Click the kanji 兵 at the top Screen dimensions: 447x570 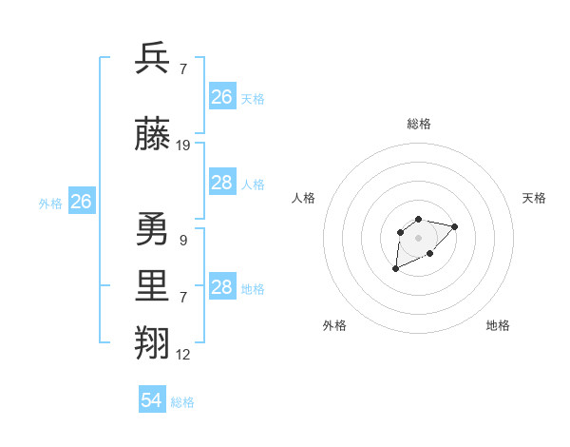153,58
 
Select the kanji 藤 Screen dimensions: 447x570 153,135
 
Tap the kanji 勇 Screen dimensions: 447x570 153,229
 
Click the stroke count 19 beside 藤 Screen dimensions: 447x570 183,146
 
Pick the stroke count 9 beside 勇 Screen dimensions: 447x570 182,241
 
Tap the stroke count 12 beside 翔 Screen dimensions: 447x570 183,355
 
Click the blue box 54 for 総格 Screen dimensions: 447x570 152,400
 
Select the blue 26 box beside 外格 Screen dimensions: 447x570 81,202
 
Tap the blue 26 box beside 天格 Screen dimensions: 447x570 222,97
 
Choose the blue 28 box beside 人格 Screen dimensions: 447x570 222,183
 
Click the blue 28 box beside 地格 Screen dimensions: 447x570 222,287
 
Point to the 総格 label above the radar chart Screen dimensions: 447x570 418,124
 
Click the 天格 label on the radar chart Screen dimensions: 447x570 534,198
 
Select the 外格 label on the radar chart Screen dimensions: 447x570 334,325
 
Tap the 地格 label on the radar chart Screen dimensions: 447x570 498,325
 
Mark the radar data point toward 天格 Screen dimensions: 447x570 454,226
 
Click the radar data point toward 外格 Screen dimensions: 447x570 395,269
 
